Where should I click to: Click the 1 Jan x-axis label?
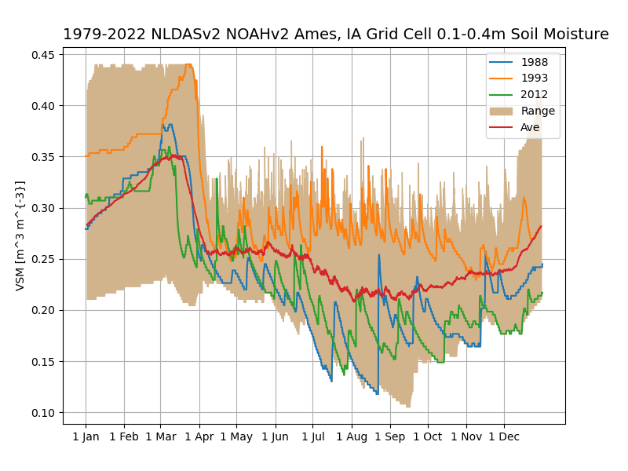pos(86,436)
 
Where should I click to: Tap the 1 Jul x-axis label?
pos(313,436)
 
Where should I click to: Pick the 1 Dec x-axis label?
pos(503,436)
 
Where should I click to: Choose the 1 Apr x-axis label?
pos(199,436)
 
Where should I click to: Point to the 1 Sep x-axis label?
pos(389,436)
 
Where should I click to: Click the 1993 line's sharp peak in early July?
pos(322,146)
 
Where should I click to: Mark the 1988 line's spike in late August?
pos(378,254)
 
